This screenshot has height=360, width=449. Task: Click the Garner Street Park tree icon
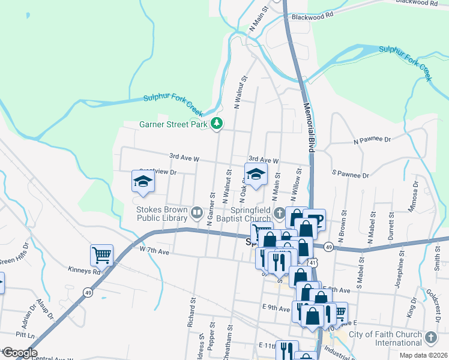(x=217, y=124)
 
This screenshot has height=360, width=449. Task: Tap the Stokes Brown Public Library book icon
(x=196, y=212)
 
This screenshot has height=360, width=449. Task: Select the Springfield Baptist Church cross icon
(x=279, y=212)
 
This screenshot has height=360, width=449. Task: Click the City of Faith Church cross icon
(x=430, y=338)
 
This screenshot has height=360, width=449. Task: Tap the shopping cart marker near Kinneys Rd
(x=101, y=255)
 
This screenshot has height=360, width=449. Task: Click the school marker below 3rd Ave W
(x=256, y=175)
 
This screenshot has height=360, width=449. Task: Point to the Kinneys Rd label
(x=83, y=271)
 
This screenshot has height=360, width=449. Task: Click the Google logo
(x=20, y=353)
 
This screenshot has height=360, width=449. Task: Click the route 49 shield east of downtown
(x=328, y=247)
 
